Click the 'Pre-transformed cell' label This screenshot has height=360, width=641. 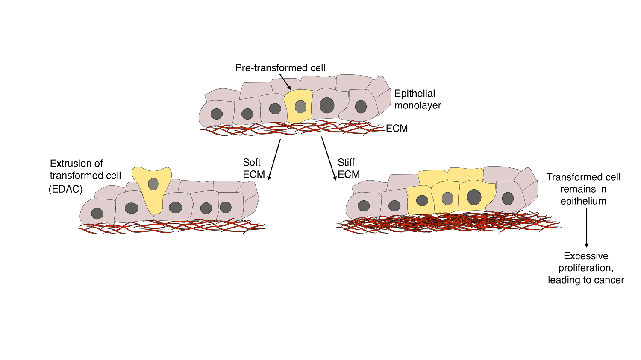pos(280,68)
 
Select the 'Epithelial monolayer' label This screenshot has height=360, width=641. pos(417,100)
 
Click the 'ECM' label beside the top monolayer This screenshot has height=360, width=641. pos(397,129)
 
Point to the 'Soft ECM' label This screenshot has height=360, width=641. pos(253,168)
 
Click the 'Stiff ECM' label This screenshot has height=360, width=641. pos(348,168)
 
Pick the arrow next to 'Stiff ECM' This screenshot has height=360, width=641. pos(329,158)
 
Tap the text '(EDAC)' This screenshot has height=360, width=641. pos(65,189)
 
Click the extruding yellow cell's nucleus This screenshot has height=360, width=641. pos(153,184)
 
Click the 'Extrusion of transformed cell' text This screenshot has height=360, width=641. pos(85,170)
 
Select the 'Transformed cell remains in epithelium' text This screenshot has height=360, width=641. pos(583,189)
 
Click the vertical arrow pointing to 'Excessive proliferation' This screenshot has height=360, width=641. pos(586,228)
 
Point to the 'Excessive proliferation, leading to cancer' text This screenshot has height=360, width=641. pos(586,268)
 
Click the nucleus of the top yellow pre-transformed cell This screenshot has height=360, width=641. pos(300,107)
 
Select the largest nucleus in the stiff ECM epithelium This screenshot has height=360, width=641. pos(474,197)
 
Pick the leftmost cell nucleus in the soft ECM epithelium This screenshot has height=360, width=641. pos(97,214)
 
